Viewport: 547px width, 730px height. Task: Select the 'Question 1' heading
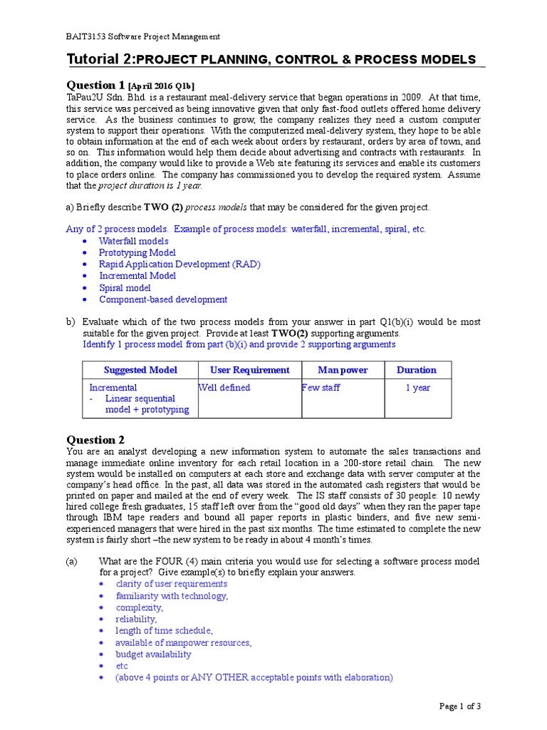point(95,85)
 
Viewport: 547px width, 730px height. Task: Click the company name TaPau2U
point(85,98)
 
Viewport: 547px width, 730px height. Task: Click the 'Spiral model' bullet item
point(125,288)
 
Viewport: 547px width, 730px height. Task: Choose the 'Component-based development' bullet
point(163,299)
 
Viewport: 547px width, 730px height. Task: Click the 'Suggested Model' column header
point(140,370)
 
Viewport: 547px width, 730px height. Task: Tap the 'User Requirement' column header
point(250,370)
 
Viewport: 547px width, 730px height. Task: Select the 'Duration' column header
point(417,370)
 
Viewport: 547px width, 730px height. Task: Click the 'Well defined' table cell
point(225,388)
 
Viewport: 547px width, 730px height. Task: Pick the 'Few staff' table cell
point(321,388)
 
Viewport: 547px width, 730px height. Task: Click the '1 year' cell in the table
point(417,388)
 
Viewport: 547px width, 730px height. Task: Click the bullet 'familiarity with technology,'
point(172,595)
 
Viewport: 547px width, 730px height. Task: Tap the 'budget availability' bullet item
point(153,654)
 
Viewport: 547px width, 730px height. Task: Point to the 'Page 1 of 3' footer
point(460,706)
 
